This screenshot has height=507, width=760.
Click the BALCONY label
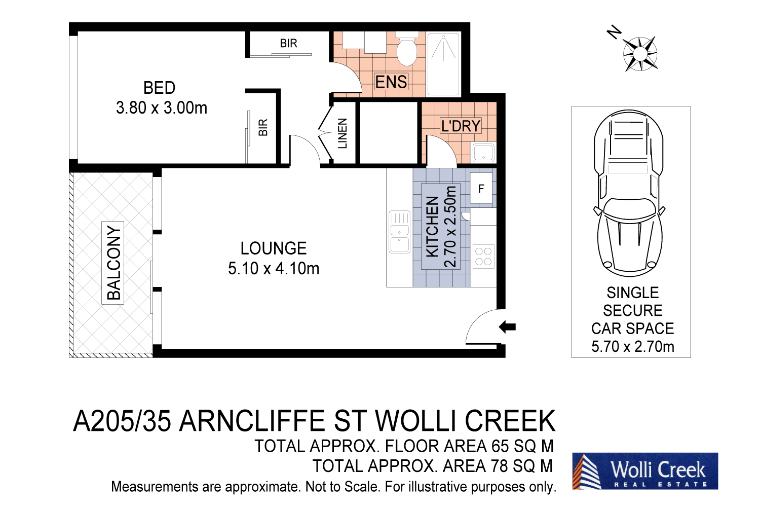[x=113, y=263]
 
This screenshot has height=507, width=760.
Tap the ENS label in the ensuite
[x=391, y=82]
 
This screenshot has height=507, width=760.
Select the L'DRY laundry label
[x=460, y=126]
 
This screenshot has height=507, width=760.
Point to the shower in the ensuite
[x=443, y=63]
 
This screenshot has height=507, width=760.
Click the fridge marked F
[x=481, y=189]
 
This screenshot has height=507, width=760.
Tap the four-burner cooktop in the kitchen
[x=483, y=257]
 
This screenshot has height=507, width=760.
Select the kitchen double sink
[x=399, y=232]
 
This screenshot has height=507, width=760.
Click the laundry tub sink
[x=483, y=153]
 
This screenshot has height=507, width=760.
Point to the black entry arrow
[x=507, y=327]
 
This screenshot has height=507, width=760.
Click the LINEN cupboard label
[x=343, y=133]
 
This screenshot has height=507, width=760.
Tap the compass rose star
[x=640, y=53]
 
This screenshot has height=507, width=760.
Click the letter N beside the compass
[x=614, y=32]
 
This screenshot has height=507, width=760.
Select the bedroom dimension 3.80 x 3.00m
[x=162, y=108]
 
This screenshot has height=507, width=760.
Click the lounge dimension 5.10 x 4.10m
[x=274, y=268]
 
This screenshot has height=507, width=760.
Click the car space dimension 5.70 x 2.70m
[x=632, y=347]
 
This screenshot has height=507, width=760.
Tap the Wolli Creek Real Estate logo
[x=645, y=471]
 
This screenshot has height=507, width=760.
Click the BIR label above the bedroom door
[x=288, y=44]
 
